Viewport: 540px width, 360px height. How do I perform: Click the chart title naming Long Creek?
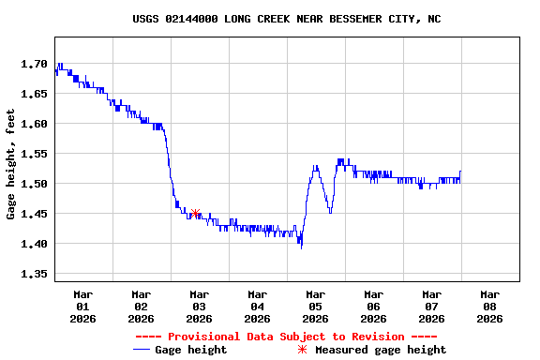287,19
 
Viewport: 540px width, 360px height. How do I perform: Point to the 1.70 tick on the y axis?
35,64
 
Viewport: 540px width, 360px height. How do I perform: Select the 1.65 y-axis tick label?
35,94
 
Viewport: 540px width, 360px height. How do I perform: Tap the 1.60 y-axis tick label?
35,124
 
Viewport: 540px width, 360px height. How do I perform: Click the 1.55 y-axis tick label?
35,154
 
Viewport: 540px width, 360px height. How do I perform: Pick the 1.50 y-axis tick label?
35,184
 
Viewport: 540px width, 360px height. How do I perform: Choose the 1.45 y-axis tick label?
35,214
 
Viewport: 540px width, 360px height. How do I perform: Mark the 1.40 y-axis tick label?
35,244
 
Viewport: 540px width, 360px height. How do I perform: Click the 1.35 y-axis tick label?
35,274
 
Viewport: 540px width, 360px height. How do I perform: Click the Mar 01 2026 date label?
82,306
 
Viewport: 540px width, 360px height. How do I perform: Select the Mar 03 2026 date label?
199,306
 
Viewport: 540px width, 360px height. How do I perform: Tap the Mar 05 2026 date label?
315,306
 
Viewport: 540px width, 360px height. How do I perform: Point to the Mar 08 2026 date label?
489,306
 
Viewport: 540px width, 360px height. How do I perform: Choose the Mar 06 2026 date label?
373,306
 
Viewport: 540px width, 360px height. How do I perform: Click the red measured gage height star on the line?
195,214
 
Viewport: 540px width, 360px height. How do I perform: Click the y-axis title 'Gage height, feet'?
11,164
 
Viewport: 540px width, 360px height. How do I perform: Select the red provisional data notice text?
286,337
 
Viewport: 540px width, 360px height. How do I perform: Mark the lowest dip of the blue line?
301,247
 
